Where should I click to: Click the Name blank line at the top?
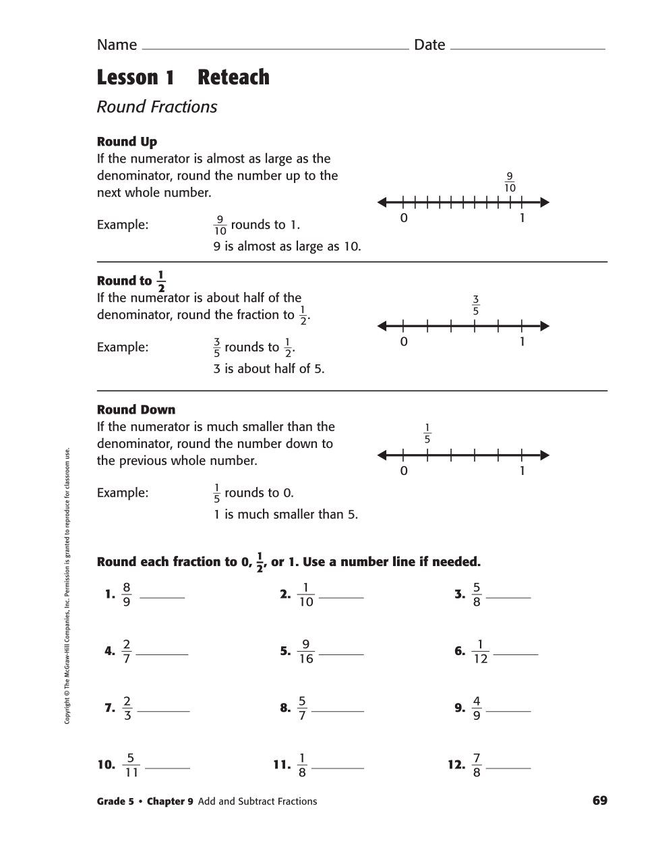[275, 49]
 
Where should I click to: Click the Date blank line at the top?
[527, 49]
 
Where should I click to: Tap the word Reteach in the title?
[233, 78]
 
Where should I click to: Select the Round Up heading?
[127, 142]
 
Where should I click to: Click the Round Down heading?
[136, 410]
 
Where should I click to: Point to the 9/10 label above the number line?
[510, 182]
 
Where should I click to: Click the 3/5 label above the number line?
[475, 306]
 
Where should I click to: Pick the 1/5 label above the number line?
[427, 434]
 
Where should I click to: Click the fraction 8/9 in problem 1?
[126, 594]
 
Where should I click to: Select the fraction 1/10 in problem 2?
[306, 594]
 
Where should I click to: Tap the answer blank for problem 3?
[508, 597]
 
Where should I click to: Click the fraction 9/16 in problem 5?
[306, 652]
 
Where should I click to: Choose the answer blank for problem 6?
[516, 654]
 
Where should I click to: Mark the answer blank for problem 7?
[163, 710]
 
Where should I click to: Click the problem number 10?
[107, 765]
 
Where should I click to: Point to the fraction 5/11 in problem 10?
[131, 765]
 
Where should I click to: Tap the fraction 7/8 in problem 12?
[477, 765]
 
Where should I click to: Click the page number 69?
[599, 801]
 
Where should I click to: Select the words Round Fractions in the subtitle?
[157, 107]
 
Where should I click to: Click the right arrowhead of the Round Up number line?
[545, 202]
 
